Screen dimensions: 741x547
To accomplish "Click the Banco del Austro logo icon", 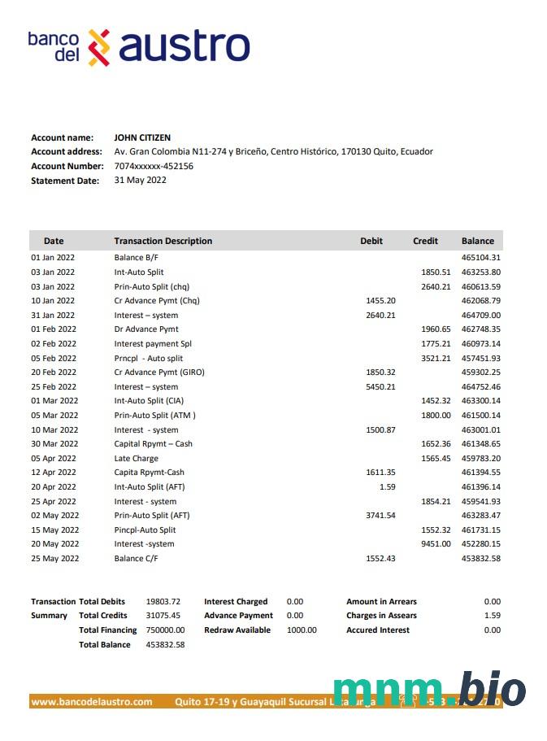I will (98, 47).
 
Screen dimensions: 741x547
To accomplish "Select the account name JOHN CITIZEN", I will (142, 137).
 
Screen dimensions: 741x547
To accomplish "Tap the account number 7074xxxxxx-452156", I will (154, 166).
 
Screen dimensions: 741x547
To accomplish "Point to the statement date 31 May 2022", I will (140, 180).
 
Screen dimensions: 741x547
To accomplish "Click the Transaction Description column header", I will (163, 241).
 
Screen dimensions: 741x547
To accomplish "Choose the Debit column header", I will (371, 241).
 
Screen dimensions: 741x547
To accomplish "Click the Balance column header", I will (477, 241).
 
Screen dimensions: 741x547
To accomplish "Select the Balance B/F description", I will (136, 258).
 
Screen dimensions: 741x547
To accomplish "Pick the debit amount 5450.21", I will (380, 386).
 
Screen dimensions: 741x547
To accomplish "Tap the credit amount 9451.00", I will (435, 544).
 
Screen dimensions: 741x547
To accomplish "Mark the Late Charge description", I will (136, 459).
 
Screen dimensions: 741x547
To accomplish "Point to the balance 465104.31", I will (480, 258).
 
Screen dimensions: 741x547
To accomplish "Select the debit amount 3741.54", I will (380, 516).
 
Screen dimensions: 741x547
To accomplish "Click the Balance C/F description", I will (136, 559).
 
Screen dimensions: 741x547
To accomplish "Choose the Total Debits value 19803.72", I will (163, 602).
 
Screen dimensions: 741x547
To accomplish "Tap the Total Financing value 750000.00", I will (165, 630).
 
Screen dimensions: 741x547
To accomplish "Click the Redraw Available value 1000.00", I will (302, 630).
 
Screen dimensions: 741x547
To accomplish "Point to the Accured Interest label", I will (378, 630).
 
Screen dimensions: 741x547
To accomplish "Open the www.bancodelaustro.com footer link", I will (92, 701).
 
